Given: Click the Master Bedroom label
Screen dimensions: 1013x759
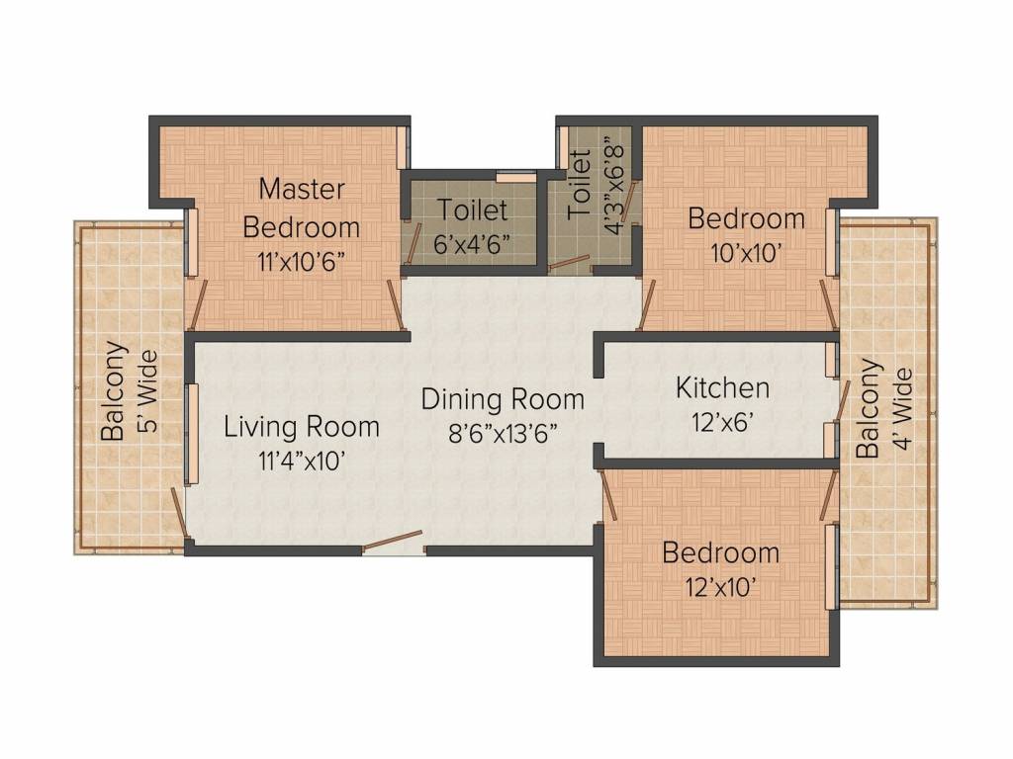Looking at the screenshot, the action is (302, 208).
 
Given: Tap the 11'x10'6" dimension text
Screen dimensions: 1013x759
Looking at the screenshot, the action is (301, 262).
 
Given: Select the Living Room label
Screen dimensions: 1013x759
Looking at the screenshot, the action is (302, 427).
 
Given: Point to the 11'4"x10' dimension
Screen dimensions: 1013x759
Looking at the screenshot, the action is (302, 461).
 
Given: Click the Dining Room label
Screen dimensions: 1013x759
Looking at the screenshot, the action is (503, 399).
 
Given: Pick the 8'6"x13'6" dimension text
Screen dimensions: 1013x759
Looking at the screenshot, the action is (503, 433).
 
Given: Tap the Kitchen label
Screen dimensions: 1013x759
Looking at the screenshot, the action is (722, 387).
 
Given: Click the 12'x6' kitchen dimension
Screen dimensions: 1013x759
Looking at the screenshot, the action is (722, 422).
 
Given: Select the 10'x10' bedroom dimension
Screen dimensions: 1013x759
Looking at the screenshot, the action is (746, 252).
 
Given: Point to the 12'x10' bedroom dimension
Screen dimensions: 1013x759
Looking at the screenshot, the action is (721, 587).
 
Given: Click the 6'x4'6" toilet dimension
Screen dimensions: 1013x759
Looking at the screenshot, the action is (472, 244).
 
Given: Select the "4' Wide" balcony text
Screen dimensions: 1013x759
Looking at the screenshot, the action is (903, 408).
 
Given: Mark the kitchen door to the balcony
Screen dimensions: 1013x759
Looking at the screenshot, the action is (842, 400).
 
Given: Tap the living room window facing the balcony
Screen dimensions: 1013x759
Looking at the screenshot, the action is (191, 434).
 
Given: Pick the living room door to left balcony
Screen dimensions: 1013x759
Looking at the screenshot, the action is (180, 513).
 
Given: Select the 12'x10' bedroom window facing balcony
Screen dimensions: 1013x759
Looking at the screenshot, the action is (831, 566).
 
